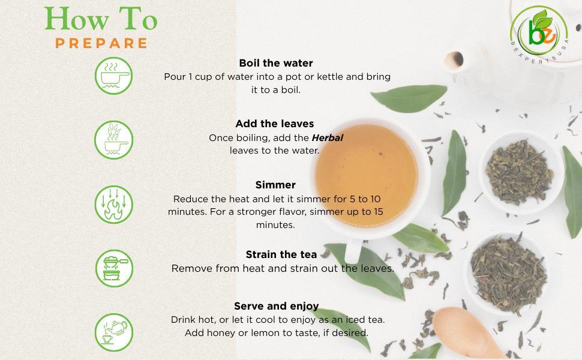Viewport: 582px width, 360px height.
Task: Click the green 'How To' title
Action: click(x=101, y=19)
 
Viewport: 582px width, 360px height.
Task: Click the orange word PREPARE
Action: click(x=101, y=43)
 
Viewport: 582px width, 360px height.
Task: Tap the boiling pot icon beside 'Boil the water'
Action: click(x=113, y=76)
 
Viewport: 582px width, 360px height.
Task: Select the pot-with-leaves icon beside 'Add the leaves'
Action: click(x=113, y=140)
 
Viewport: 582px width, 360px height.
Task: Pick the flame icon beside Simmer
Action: click(x=113, y=205)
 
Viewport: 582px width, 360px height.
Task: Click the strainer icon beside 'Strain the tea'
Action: click(x=113, y=268)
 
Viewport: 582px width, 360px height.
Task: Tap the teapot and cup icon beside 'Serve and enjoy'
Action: click(x=113, y=332)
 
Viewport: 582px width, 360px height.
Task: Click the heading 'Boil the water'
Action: click(x=275, y=63)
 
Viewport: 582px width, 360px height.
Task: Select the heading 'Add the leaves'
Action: click(x=274, y=124)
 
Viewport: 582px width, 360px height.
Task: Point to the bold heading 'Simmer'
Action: click(x=275, y=185)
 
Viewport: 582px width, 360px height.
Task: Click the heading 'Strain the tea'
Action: click(x=281, y=254)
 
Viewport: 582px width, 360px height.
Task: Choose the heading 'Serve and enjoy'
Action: click(x=276, y=306)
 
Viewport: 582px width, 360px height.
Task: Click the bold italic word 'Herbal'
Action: click(x=327, y=137)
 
